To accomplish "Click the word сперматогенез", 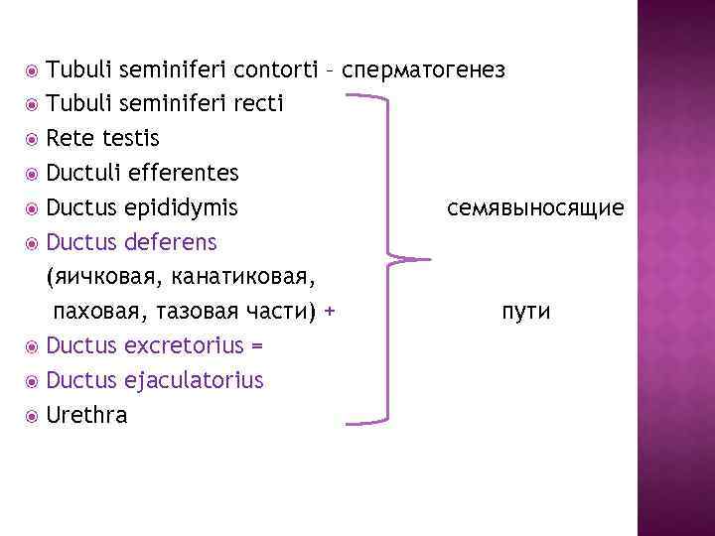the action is pyautogui.click(x=424, y=69).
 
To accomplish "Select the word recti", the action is pyautogui.click(x=257, y=103).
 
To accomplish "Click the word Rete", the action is pyautogui.click(x=69, y=138).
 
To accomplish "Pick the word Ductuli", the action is pyautogui.click(x=86, y=173).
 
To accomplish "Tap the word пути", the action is pyautogui.click(x=526, y=312).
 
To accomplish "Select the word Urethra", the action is pyautogui.click(x=87, y=415).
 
